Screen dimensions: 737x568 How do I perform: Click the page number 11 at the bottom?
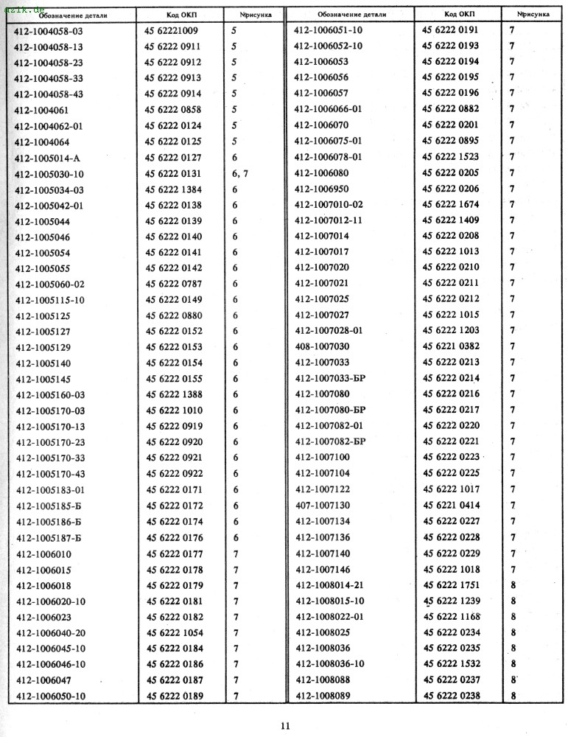pos(285,726)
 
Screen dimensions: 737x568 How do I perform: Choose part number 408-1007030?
pos(322,346)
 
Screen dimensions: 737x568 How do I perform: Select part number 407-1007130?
pos(322,506)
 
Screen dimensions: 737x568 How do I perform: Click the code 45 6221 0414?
pos(452,506)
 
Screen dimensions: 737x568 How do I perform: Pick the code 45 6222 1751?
pos(452,585)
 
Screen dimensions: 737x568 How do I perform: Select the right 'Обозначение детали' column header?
pos(348,14)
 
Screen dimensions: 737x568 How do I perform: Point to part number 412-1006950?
pos(322,189)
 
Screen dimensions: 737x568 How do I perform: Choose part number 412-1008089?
pos(322,696)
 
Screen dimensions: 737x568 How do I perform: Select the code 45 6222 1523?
pos(452,157)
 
